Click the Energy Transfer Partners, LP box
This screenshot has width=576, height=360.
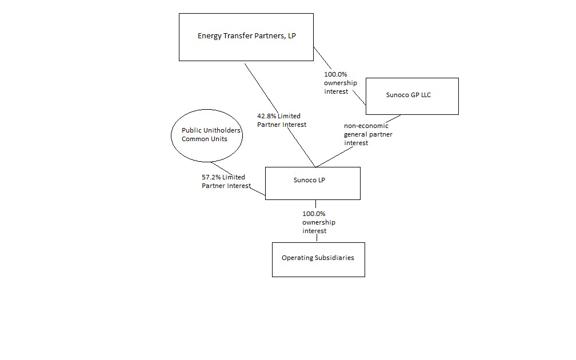pos(246,37)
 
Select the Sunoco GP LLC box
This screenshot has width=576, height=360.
pos(411,96)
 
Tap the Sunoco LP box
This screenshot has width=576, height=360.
pos(313,183)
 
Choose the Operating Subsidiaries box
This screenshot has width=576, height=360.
pos(318,259)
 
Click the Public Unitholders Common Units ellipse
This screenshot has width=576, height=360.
pos(206,135)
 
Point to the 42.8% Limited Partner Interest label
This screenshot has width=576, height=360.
pos(282,120)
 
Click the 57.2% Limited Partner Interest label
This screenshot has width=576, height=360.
pos(226,181)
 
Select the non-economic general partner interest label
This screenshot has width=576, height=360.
pos(368,134)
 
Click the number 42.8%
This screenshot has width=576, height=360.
pos(266,116)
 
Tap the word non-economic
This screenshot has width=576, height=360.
pos(366,126)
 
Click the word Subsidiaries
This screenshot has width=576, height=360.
pos(334,258)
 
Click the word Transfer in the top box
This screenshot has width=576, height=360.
pos(234,35)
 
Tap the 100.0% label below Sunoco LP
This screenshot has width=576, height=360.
pos(314,213)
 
